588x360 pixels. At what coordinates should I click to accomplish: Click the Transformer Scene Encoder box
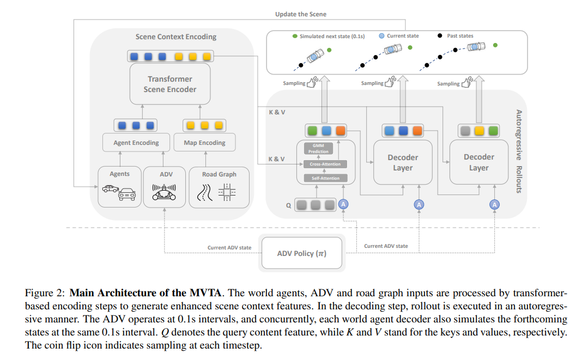pos(170,84)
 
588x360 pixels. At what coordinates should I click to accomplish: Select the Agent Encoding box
pos(136,142)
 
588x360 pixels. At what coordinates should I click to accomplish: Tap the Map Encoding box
pos(204,142)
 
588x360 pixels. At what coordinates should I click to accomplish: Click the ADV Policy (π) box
pos(302,253)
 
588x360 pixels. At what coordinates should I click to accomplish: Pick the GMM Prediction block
pos(318,148)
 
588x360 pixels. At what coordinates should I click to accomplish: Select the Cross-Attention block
pos(325,164)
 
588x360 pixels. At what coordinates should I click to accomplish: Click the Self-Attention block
pos(325,178)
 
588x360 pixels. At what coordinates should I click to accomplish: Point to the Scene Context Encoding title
pos(176,36)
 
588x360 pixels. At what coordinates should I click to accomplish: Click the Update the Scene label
pos(301,14)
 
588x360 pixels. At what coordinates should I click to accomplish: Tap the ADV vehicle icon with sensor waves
pos(164,192)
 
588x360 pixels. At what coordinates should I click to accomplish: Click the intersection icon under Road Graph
pos(227,192)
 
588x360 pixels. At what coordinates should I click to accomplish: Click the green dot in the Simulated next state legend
pos(295,36)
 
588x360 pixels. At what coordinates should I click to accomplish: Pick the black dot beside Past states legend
pos(440,35)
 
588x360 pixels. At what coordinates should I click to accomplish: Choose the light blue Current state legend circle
pos(382,36)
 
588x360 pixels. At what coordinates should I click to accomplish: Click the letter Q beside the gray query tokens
pos(288,205)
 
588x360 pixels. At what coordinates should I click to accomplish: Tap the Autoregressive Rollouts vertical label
pos(519,151)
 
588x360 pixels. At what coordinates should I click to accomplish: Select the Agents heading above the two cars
pos(120,174)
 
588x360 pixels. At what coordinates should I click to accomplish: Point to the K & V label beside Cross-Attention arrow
pos(276,159)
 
